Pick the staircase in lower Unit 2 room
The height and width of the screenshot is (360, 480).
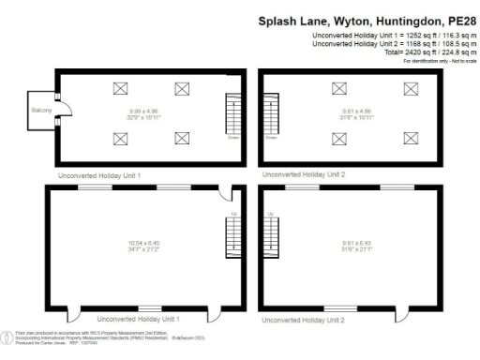click(273, 238)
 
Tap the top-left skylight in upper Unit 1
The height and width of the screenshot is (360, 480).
click(120, 88)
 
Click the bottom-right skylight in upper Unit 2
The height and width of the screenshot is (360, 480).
click(410, 138)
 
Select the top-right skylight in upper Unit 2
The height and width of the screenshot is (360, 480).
click(410, 88)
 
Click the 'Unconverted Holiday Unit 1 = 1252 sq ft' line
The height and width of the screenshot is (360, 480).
click(394, 37)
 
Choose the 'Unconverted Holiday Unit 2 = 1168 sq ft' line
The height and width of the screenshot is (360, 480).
click(394, 45)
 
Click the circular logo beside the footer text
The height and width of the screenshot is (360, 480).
click(7, 335)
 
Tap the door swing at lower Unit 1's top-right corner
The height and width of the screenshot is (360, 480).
click(222, 194)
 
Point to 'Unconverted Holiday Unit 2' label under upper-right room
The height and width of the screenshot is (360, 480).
click(304, 174)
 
